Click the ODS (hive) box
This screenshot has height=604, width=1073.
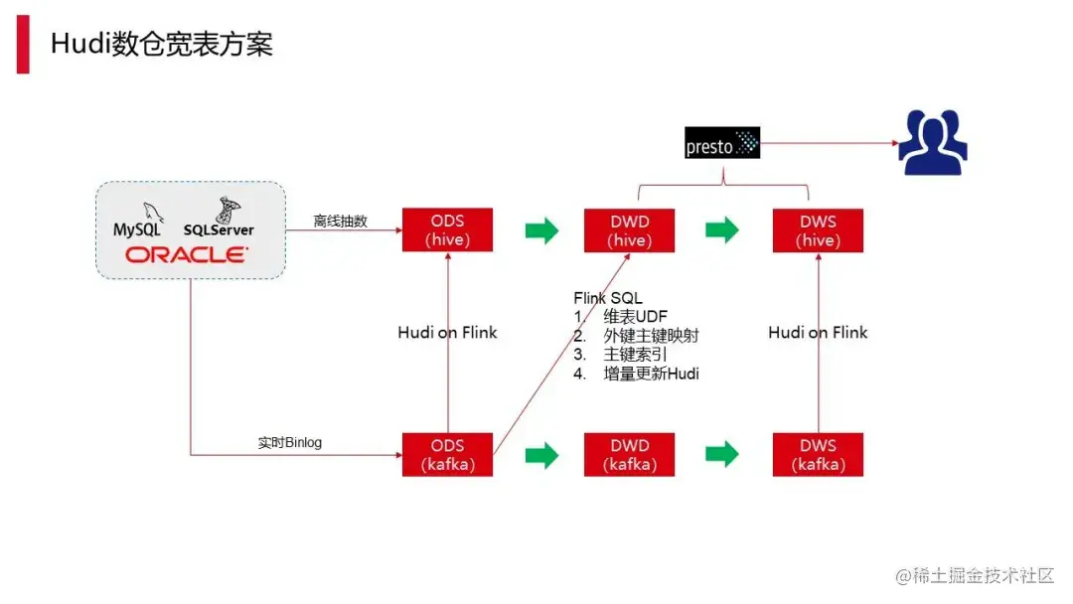[x=447, y=229]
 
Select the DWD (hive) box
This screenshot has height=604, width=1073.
[x=630, y=229]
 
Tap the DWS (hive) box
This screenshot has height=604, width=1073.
[x=819, y=229]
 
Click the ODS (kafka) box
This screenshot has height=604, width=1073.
[x=447, y=454]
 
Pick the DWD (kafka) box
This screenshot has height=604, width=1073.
[x=630, y=454]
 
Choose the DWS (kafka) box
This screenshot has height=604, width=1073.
[x=819, y=454]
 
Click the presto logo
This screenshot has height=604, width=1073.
[x=722, y=143]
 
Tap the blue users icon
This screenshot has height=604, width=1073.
[x=932, y=142]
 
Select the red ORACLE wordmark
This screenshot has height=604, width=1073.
[x=187, y=255]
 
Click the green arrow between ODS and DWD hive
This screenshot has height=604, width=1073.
[x=541, y=229]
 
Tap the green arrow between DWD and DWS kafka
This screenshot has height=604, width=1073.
[x=722, y=454]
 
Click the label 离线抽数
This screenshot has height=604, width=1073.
[x=340, y=222]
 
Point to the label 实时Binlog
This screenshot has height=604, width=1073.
[x=289, y=442]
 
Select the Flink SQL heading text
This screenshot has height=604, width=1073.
[x=608, y=298]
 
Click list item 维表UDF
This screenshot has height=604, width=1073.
[x=637, y=317]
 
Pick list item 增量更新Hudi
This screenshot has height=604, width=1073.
[x=651, y=374]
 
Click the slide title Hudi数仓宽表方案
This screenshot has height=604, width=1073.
[x=162, y=45]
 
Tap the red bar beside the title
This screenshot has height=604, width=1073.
[x=23, y=45]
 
